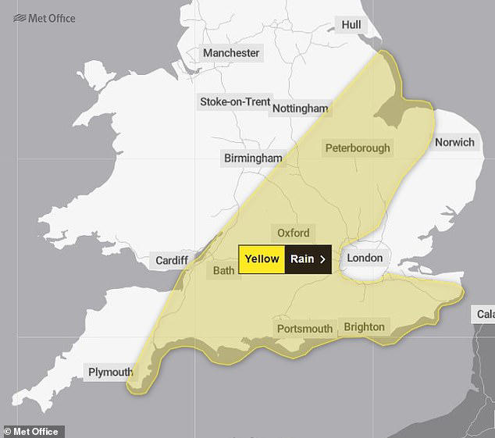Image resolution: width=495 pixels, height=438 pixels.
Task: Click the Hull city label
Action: [351, 26]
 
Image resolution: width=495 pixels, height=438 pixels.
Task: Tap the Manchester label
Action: [230, 53]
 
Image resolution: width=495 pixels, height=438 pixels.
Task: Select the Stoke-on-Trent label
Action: [235, 102]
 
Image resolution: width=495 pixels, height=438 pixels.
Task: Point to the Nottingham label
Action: [300, 109]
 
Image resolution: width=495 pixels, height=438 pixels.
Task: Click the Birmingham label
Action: [253, 158]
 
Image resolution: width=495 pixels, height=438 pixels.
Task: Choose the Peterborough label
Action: [358, 148]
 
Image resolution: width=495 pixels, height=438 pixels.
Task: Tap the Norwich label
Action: [454, 142]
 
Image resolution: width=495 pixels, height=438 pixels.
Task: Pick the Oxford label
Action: [294, 233]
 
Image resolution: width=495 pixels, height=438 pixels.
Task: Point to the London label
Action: [365, 258]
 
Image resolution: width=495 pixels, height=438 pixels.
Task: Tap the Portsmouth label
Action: [304, 329]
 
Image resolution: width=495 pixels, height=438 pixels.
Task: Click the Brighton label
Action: [364, 326]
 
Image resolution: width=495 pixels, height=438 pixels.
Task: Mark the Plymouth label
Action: [110, 372]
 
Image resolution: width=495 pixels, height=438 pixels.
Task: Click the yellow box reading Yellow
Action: [262, 259]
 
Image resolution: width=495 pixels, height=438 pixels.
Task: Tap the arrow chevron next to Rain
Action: [322, 259]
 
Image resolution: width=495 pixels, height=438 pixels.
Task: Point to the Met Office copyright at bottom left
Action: [33, 431]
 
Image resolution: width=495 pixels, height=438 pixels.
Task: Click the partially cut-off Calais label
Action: [484, 315]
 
